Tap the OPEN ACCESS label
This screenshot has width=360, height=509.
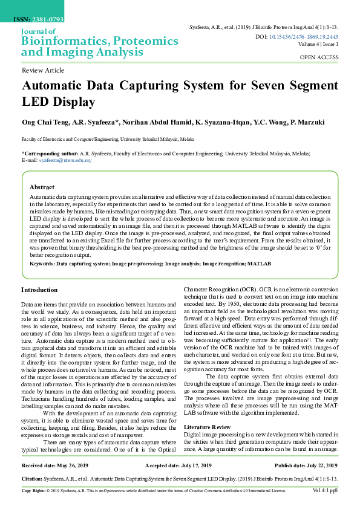point(319,57)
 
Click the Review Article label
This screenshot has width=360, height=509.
point(42,71)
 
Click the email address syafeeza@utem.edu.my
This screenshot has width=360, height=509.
point(65,161)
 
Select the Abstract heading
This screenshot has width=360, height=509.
point(42,187)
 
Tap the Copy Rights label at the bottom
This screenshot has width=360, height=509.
point(34,490)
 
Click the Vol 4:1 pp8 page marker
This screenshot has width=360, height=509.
point(326,490)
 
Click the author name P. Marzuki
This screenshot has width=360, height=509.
point(309,122)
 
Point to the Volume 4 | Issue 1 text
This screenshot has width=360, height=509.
point(318,45)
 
